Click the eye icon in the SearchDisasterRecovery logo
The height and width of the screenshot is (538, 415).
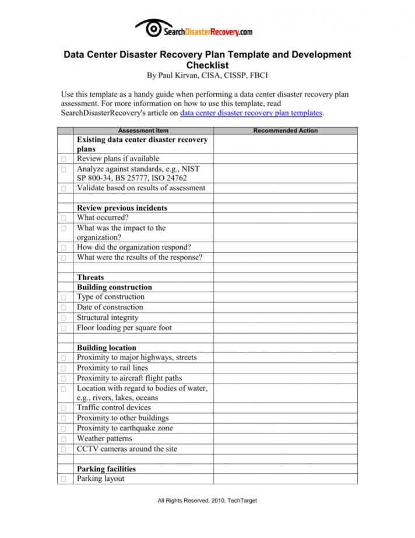tap(152, 28)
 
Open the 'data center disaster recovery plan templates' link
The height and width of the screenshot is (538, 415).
tap(251, 113)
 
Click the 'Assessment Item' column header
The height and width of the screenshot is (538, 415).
tap(143, 131)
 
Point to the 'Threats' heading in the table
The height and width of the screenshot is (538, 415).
tap(90, 278)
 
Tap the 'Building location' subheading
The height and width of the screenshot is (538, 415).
tap(107, 348)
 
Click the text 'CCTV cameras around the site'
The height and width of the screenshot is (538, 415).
tap(127, 449)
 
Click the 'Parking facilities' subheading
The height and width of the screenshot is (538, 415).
tap(107, 469)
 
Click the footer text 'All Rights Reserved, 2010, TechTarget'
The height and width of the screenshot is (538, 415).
tap(207, 501)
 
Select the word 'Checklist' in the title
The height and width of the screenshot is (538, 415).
tap(207, 65)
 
